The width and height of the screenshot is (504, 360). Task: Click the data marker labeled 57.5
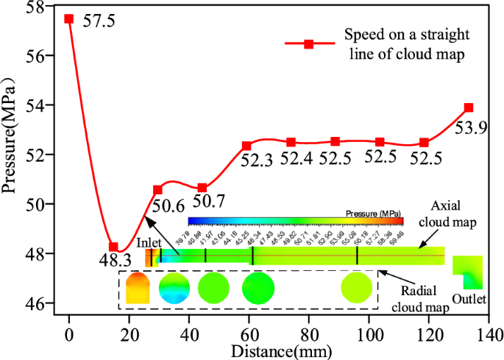(x=69, y=18)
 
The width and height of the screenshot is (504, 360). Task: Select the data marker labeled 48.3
(x=113, y=247)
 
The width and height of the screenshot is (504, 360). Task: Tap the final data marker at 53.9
(x=469, y=107)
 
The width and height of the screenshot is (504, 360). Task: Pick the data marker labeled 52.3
(x=246, y=146)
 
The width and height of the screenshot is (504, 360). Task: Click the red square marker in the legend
(x=309, y=44)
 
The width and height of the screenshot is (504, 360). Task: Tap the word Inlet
(x=147, y=242)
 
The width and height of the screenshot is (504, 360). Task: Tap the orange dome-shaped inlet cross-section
(x=137, y=287)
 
